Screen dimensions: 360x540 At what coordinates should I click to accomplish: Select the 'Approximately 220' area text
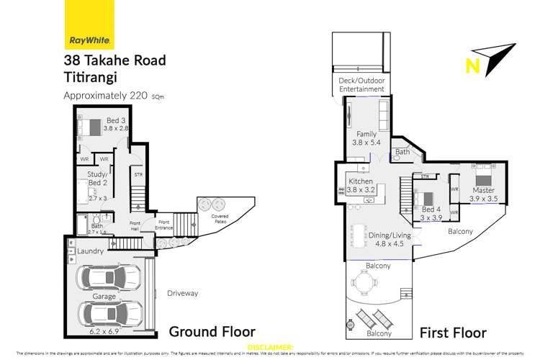pyautogui.click(x=104, y=96)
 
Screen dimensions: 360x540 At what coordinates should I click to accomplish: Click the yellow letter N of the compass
pyautogui.click(x=473, y=66)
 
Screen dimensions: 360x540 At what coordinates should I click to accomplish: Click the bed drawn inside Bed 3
pyautogui.click(x=93, y=127)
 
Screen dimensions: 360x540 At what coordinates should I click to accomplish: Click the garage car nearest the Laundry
pyautogui.click(x=114, y=277)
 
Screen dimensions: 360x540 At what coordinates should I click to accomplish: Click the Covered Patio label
pyautogui.click(x=220, y=218)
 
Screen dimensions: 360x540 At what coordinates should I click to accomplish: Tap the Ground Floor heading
pyautogui.click(x=212, y=332)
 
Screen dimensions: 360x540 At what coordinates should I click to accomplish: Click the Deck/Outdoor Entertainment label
pyautogui.click(x=361, y=86)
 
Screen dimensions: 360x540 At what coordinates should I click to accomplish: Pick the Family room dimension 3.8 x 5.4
pyautogui.click(x=367, y=143)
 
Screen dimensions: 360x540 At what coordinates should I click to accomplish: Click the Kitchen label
pyautogui.click(x=361, y=182)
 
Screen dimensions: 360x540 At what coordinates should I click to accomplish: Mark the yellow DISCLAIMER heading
pyautogui.click(x=269, y=347)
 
